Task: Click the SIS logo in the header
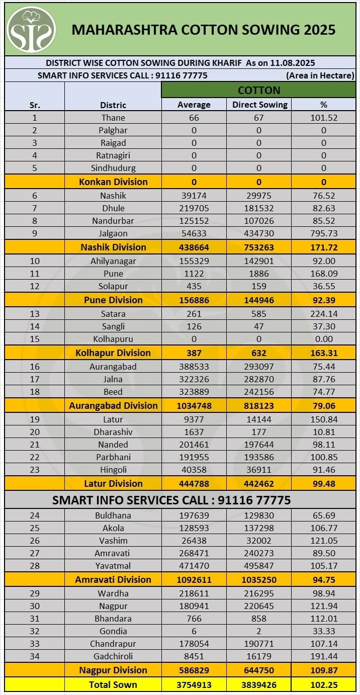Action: [x=31, y=29]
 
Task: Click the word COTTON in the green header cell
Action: [x=259, y=91]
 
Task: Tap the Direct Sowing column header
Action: [x=259, y=105]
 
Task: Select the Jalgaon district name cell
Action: [x=113, y=233]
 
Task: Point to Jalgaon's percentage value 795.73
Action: [x=324, y=233]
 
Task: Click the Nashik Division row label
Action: [x=113, y=247]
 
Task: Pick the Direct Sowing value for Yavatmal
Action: [x=259, y=566]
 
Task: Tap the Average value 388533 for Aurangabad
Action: [x=194, y=367]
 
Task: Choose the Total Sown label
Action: [x=113, y=684]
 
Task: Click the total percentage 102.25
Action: [x=324, y=684]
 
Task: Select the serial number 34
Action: [x=34, y=656]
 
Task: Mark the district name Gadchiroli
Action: [x=113, y=656]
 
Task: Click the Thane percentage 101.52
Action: [x=324, y=118]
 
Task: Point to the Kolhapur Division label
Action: [x=113, y=353]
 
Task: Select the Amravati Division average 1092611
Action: [x=194, y=579]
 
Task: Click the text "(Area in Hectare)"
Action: [x=320, y=76]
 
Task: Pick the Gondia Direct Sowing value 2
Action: [x=259, y=631]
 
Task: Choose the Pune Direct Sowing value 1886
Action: [x=259, y=274]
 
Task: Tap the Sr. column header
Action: [x=34, y=105]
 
